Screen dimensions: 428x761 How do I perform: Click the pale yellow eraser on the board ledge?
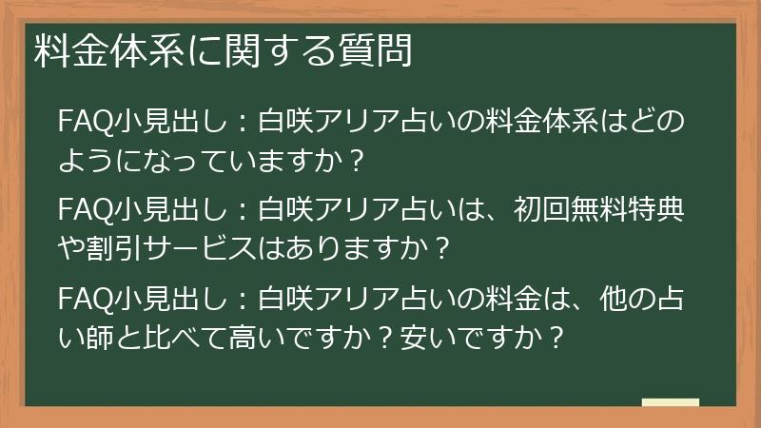(670, 402)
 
